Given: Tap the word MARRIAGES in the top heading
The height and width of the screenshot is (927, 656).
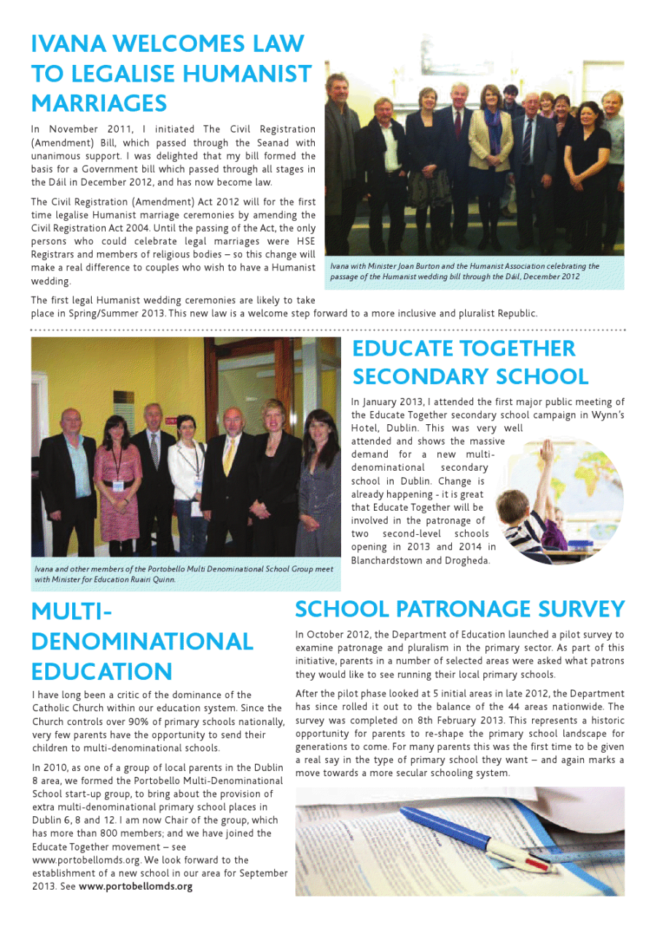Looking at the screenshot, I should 99,103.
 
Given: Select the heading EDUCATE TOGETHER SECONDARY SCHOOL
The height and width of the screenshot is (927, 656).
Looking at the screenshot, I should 470,362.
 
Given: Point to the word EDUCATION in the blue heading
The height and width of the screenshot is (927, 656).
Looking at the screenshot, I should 102,671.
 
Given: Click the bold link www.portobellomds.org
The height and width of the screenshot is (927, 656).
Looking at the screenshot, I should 136,886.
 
